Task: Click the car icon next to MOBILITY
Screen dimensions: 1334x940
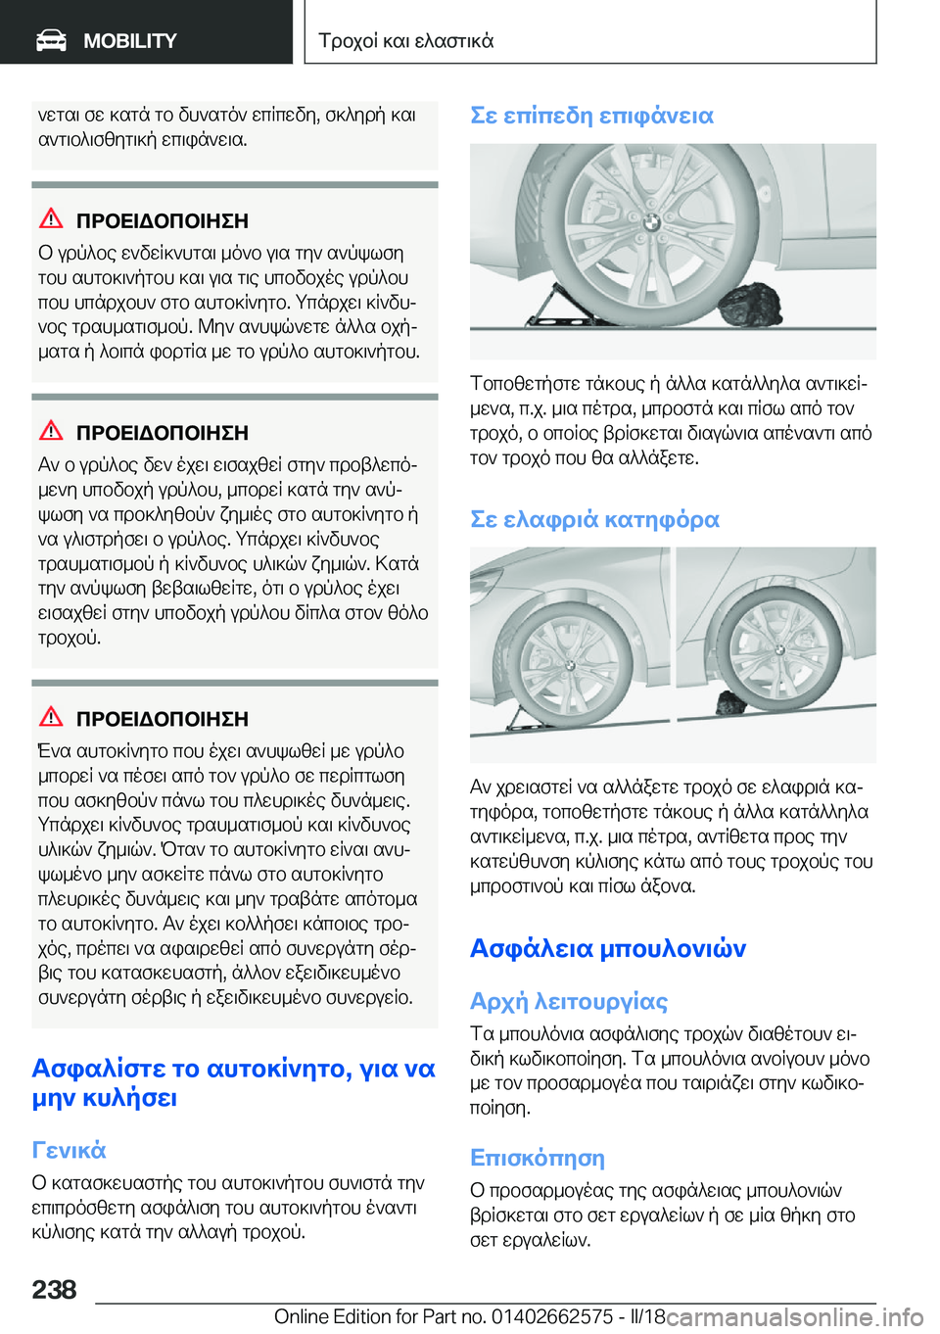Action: [x=51, y=40]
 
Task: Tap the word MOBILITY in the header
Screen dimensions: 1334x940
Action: [x=129, y=41]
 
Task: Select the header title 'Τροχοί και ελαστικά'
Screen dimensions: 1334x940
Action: [x=405, y=41]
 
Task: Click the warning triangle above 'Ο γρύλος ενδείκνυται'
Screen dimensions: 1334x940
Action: [x=51, y=218]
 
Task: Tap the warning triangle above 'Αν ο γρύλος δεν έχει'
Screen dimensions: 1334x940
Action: [x=51, y=431]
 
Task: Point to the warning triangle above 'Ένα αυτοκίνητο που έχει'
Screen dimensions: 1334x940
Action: [x=51, y=717]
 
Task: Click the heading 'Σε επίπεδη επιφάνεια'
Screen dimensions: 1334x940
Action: [x=591, y=116]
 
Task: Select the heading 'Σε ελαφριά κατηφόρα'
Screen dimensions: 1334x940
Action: [x=594, y=519]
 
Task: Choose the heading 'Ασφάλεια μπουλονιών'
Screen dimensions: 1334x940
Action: [x=607, y=948]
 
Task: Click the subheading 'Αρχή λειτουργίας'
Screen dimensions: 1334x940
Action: [x=568, y=1001]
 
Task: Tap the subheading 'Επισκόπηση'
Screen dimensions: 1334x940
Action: [x=537, y=1158]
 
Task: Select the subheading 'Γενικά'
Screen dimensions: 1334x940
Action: [x=69, y=1150]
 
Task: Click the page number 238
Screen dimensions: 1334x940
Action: [x=54, y=1290]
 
